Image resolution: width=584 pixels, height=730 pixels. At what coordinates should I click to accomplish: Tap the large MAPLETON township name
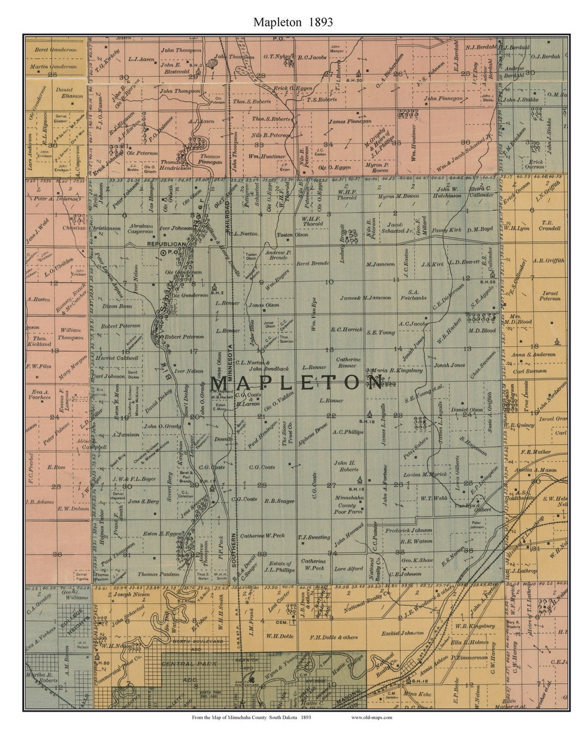296,382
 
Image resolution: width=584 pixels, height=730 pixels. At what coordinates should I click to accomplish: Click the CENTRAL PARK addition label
189,663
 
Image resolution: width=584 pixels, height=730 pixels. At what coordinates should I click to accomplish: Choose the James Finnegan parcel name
350,121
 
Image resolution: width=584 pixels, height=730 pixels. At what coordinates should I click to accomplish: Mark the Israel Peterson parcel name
550,295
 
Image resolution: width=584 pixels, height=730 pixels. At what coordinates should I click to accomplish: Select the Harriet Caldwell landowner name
120,357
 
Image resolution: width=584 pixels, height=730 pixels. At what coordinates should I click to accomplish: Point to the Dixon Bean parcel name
117,306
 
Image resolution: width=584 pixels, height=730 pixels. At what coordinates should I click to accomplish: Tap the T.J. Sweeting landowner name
314,537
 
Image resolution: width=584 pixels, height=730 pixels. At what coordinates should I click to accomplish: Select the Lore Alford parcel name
348,569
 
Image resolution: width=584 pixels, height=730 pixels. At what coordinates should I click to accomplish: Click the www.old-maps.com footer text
371,718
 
